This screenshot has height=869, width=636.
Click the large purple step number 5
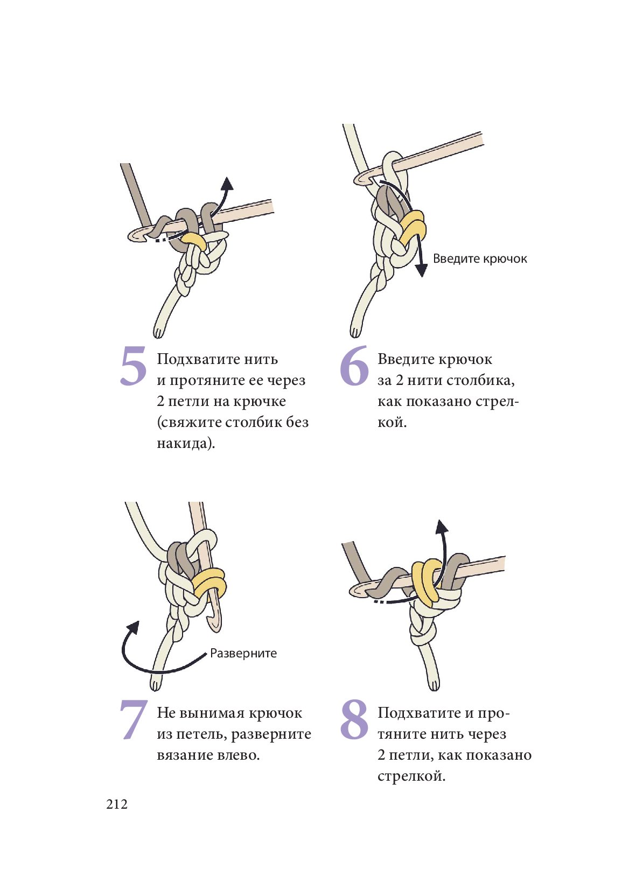pyautogui.click(x=133, y=366)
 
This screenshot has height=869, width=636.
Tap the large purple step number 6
pyautogui.click(x=354, y=366)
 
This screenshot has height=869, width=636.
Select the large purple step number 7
pyautogui.click(x=133, y=720)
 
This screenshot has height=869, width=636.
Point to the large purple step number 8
pyautogui.click(x=354, y=720)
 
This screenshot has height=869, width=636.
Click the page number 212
pyautogui.click(x=117, y=804)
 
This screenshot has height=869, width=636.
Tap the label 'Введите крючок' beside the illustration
pyautogui.click(x=480, y=259)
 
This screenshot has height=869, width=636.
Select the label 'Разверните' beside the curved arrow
pyautogui.click(x=243, y=654)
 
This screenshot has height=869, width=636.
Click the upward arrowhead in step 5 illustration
pyautogui.click(x=228, y=183)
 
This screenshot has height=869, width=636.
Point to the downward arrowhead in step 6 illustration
pyautogui.click(x=422, y=270)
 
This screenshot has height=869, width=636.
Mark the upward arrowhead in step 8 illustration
pyautogui.click(x=442, y=527)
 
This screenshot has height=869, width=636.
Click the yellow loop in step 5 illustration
pyautogui.click(x=194, y=240)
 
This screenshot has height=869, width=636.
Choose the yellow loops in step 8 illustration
pyautogui.click(x=427, y=580)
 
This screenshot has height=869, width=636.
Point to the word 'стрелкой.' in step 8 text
pyautogui.click(x=411, y=776)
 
